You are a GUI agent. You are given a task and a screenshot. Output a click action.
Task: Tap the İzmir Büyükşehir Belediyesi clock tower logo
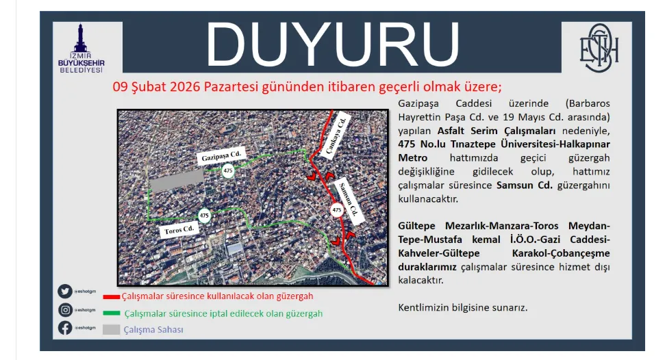point(81,49)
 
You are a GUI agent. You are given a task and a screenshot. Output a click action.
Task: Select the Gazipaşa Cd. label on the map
point(221,157)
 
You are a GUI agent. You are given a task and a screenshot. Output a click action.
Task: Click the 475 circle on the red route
point(336,209)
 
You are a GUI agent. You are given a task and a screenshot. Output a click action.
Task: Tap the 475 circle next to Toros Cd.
point(204,216)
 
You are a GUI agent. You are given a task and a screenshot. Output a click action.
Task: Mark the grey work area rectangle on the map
point(177,181)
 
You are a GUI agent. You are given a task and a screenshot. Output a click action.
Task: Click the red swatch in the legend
point(111,297)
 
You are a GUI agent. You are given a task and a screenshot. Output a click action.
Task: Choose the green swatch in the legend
point(111,313)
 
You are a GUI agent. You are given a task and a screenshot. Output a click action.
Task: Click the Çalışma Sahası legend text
point(153,329)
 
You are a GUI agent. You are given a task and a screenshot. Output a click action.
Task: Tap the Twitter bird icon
point(65,292)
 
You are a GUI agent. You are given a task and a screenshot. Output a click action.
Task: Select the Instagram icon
point(65,309)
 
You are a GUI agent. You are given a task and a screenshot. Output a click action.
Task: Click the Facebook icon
point(65,328)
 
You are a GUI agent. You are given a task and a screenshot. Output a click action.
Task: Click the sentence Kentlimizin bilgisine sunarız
point(463,307)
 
